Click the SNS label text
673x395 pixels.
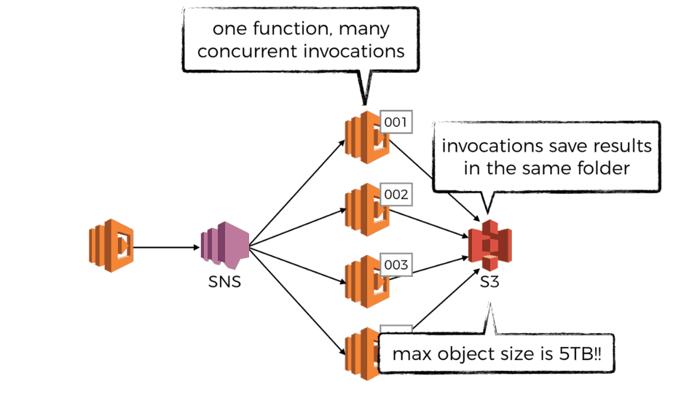tap(224, 281)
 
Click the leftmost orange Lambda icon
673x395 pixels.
tap(111, 246)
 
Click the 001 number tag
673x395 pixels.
tap(396, 122)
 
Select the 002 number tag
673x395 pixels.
tap(396, 195)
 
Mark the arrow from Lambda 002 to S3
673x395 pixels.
tap(430, 223)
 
